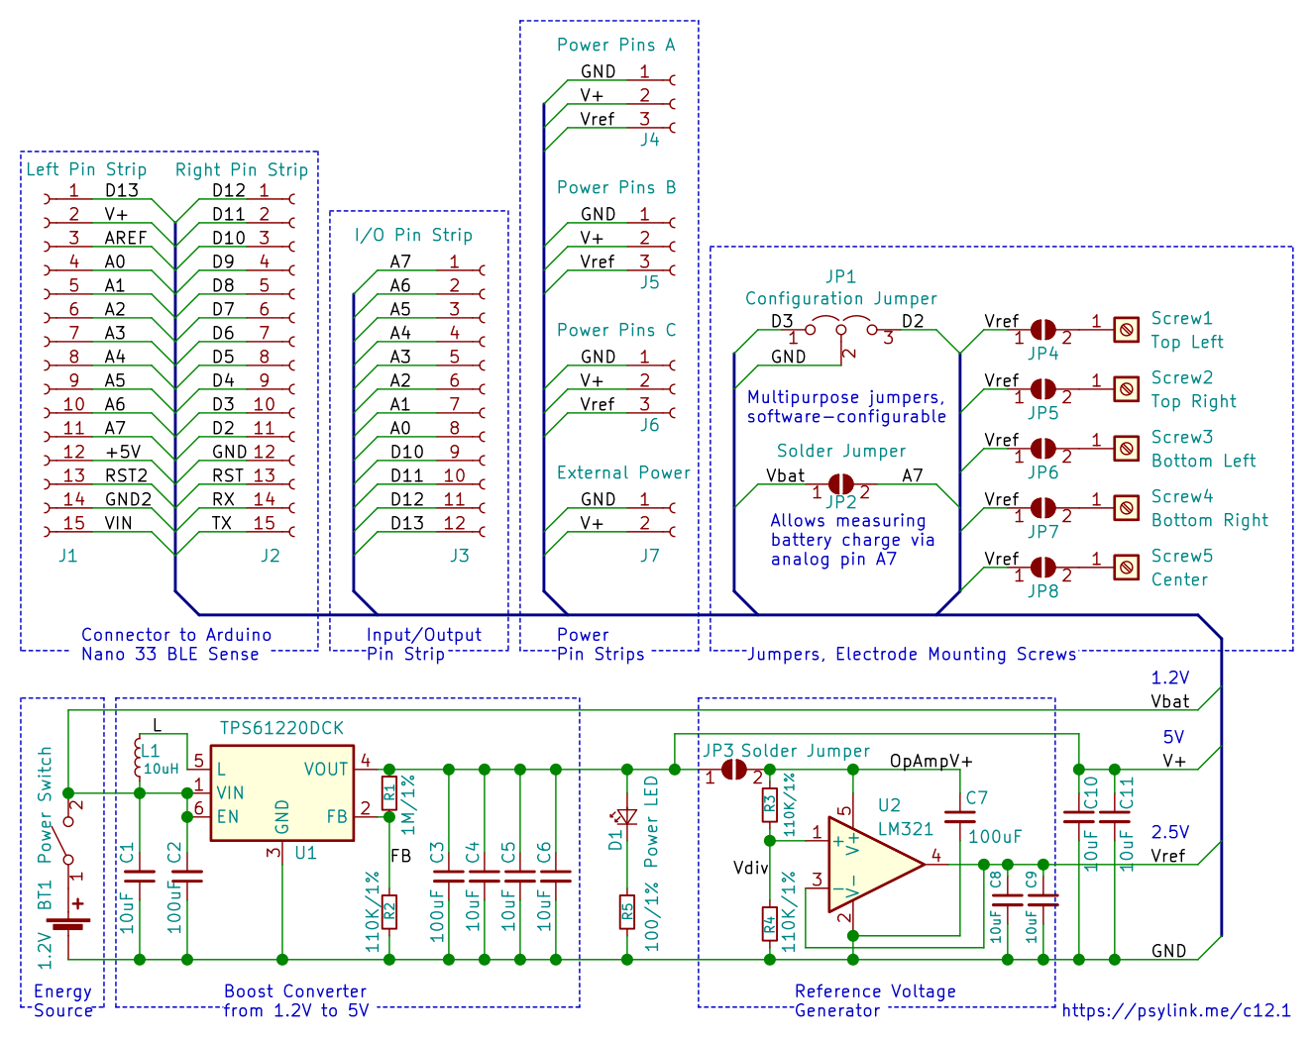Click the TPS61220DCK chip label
pyautogui.click(x=281, y=728)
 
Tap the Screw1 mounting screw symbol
pyautogui.click(x=1126, y=330)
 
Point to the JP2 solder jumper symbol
pyautogui.click(x=840, y=484)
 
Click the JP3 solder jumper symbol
pyautogui.click(x=734, y=770)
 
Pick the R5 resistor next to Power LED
pyautogui.click(x=627, y=912)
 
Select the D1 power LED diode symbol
pyautogui.click(x=627, y=817)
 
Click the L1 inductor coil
pyautogui.click(x=138, y=757)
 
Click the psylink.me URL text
pyautogui.click(x=1176, y=1010)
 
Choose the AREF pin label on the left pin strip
pyautogui.click(x=126, y=238)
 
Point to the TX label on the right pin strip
pyautogui.click(x=222, y=523)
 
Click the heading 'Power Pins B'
pyautogui.click(x=616, y=187)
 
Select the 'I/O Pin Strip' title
pyautogui.click(x=413, y=235)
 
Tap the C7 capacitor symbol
pyautogui.click(x=959, y=817)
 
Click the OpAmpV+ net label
pyautogui.click(x=931, y=761)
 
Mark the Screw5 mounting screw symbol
pyautogui.click(x=1126, y=568)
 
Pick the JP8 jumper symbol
pyautogui.click(x=1042, y=568)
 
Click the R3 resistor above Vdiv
pyautogui.click(x=770, y=804)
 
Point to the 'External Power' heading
pyautogui.click(x=623, y=471)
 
